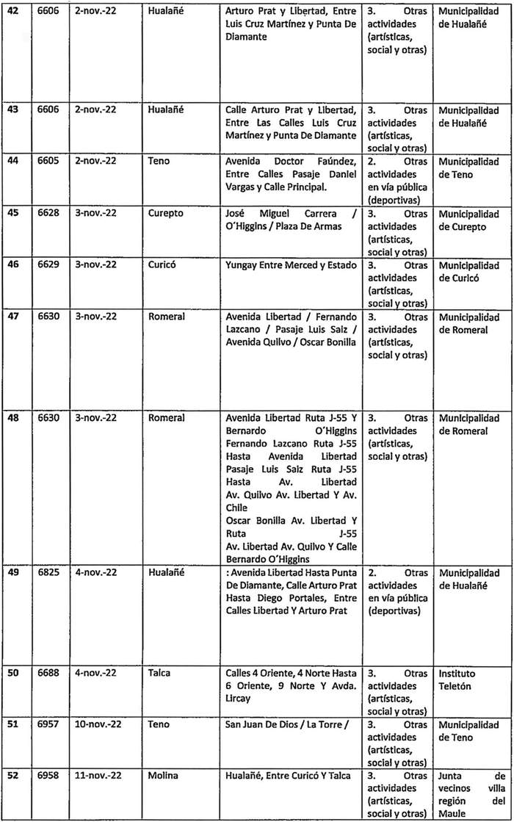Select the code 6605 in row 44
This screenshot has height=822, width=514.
pyautogui.click(x=50, y=162)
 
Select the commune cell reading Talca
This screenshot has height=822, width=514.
pyautogui.click(x=162, y=673)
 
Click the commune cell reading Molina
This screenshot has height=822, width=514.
pyautogui.click(x=164, y=774)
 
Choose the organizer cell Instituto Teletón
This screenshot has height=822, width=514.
pyautogui.click(x=457, y=679)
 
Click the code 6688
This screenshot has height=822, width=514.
pyautogui.click(x=50, y=673)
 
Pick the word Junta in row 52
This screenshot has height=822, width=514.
pyautogui.click(x=450, y=774)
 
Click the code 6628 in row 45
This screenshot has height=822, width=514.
pyautogui.click(x=50, y=214)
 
